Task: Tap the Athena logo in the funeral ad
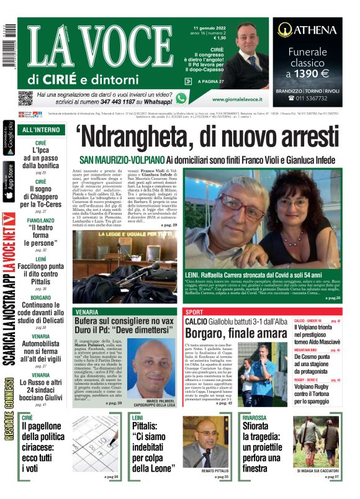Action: pos(307,30)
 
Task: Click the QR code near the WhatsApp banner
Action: pos(25,98)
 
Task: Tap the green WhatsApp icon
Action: pos(181,98)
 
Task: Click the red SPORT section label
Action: pos(194,312)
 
